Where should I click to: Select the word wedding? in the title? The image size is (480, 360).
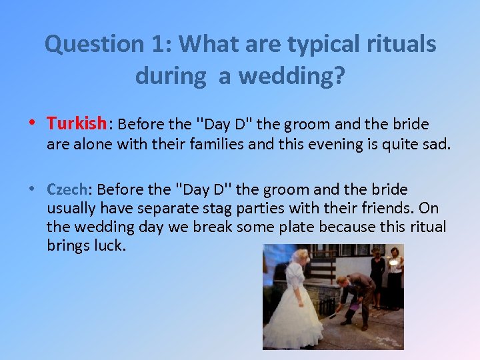pyautogui.click(x=292, y=76)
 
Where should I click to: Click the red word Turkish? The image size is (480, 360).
pyautogui.click(x=77, y=123)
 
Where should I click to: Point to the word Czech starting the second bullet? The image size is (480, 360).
pyautogui.click(x=66, y=189)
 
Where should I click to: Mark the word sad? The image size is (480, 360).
pyautogui.click(x=436, y=143)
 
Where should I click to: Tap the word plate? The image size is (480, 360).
pyautogui.click(x=293, y=227)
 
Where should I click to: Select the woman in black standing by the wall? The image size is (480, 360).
pyautogui.click(x=377, y=277)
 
